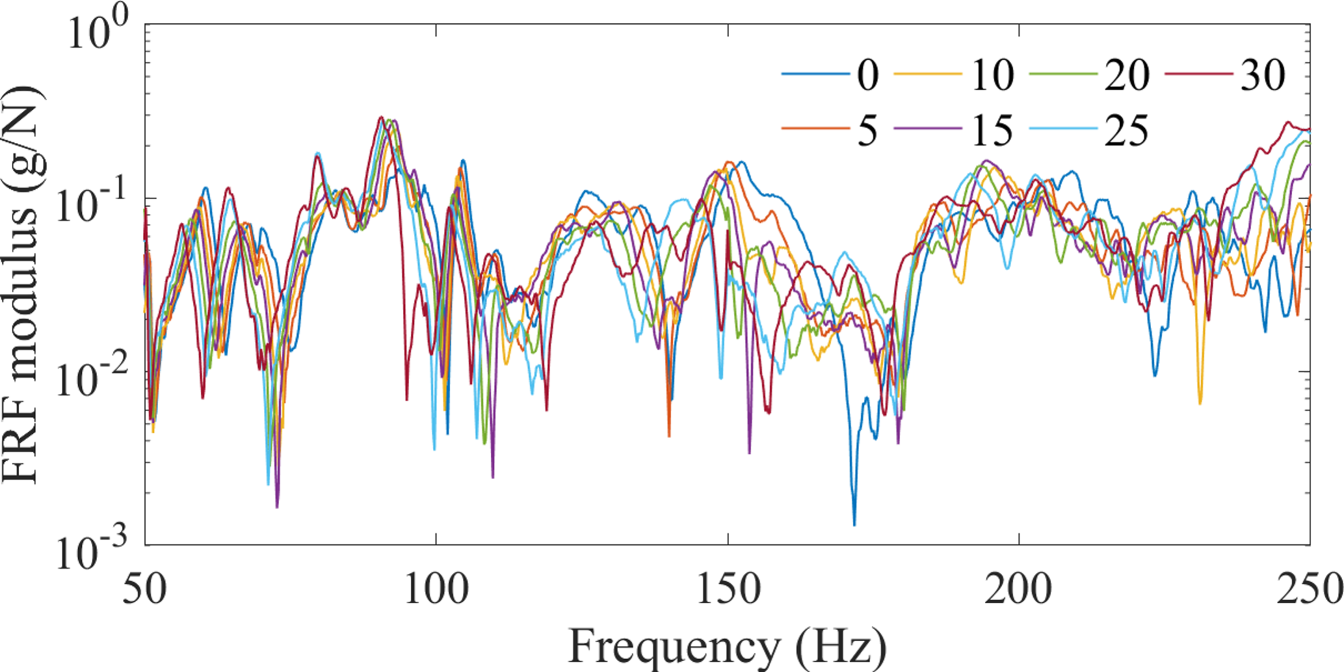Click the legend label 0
(868, 75)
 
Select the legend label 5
(868, 131)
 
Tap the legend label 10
(992, 75)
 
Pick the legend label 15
(992, 131)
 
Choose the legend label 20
(1127, 75)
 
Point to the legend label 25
(1127, 131)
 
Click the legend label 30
(1263, 75)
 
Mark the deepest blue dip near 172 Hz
(854, 524)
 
